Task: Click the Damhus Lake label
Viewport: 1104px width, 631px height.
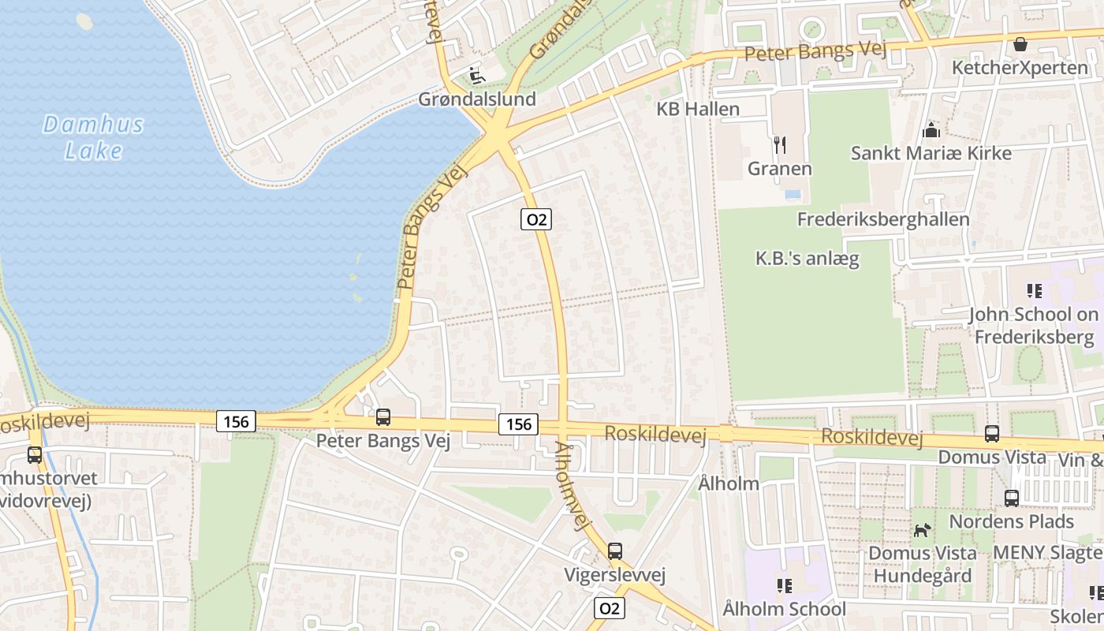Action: point(93,137)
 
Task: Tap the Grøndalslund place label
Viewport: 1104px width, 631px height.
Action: point(477,99)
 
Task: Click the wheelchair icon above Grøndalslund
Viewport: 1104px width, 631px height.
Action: point(476,76)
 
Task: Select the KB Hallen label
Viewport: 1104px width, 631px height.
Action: point(698,109)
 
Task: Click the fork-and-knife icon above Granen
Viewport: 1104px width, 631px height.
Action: point(780,144)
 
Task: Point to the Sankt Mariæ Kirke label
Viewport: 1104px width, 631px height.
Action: point(931,153)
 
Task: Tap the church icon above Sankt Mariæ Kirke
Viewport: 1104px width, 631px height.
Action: point(931,129)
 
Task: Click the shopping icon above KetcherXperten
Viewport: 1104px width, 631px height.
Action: point(1020,44)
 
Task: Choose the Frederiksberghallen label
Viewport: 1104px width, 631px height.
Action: point(883,219)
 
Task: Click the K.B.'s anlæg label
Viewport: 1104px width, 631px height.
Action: point(807,258)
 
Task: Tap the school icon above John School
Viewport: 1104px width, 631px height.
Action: point(1035,291)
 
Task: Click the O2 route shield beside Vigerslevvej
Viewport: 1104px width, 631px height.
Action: point(609,608)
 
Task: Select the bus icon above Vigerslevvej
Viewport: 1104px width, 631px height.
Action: point(615,551)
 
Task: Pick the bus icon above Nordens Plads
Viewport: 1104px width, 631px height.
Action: point(1012,498)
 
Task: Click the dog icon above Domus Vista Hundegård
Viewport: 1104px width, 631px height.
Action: point(922,530)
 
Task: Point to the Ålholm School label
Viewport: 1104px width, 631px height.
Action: point(784,609)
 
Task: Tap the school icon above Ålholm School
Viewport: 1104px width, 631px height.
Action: point(785,585)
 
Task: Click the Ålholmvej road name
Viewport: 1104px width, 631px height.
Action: point(573,487)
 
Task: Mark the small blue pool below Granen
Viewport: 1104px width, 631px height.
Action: point(793,193)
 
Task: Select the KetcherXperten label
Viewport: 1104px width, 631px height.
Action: point(1020,68)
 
